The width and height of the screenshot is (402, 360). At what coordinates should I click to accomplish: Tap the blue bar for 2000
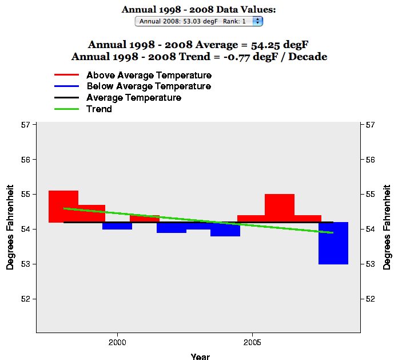117,226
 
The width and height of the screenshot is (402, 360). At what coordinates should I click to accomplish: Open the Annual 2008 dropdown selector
199,21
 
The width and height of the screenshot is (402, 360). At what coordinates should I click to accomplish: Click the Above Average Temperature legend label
149,76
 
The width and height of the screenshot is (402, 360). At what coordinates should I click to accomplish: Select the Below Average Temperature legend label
149,86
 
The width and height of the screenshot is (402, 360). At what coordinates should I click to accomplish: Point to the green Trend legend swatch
66,109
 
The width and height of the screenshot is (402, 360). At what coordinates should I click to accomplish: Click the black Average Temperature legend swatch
66,98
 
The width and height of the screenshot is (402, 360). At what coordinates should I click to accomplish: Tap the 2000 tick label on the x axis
117,342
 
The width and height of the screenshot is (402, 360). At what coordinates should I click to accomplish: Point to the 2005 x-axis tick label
252,342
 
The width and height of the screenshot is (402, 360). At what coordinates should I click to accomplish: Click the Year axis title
200,357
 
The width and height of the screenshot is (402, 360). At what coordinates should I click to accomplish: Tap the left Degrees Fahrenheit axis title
10,227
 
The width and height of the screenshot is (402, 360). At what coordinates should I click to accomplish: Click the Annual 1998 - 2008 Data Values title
199,10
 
